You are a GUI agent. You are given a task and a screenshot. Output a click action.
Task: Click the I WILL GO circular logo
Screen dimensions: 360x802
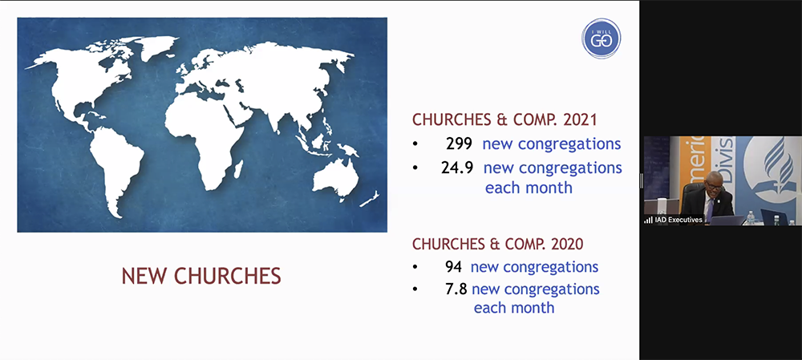tap(601, 38)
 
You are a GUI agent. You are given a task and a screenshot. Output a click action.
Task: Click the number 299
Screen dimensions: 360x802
tap(460, 145)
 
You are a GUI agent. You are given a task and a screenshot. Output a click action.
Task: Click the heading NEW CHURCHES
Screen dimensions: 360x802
tap(201, 276)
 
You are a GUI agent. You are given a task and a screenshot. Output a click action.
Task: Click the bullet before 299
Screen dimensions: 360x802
tap(415, 145)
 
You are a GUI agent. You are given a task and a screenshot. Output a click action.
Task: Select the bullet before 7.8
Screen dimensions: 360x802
tap(415, 289)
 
